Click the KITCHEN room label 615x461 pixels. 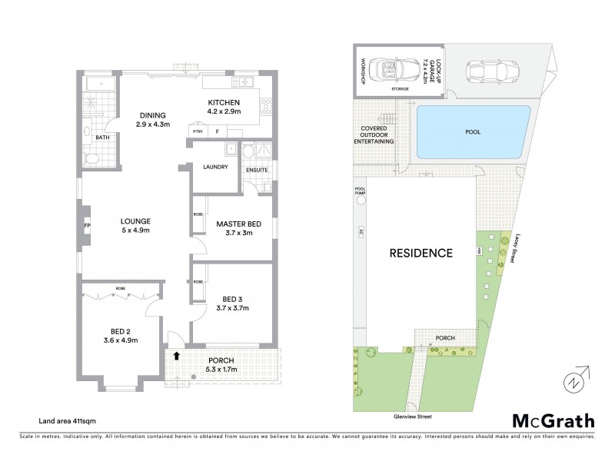[x=224, y=103]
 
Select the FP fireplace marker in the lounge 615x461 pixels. [x=87, y=225]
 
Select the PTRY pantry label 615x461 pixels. [x=197, y=131]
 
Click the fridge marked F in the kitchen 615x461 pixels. [x=218, y=131]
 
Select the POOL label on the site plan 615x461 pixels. [x=473, y=131]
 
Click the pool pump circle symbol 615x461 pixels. [x=360, y=201]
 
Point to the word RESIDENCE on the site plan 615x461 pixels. [x=419, y=252]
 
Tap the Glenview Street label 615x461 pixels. [x=411, y=416]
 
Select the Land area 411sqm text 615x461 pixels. [x=73, y=420]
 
